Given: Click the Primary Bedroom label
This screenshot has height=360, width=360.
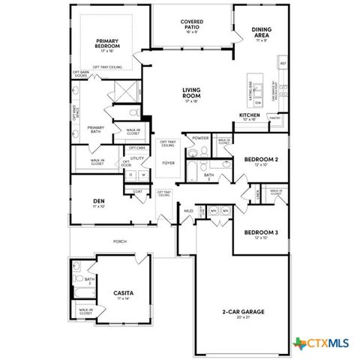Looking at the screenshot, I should [x=108, y=43].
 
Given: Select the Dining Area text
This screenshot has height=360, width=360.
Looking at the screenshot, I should [x=262, y=32].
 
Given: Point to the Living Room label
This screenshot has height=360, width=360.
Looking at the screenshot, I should [x=191, y=92].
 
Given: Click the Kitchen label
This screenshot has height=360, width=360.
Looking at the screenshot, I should [x=249, y=115].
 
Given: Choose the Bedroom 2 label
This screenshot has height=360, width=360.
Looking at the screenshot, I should [x=261, y=159].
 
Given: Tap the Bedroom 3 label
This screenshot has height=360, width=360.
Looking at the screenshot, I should [x=261, y=232].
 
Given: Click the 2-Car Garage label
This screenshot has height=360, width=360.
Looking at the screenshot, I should [x=242, y=310].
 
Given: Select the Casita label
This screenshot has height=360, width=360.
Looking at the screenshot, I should [x=124, y=292].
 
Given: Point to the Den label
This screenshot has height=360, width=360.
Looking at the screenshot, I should [x=98, y=200].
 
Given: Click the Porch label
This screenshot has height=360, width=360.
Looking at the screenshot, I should [x=118, y=241].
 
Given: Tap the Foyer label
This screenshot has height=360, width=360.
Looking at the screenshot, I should [x=169, y=163].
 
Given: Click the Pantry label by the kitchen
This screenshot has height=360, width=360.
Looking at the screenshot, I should [x=275, y=118].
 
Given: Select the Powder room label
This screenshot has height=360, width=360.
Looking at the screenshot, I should [x=200, y=138].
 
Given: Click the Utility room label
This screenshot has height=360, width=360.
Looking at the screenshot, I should [x=137, y=158].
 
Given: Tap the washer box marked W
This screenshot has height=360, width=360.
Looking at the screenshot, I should [x=142, y=175].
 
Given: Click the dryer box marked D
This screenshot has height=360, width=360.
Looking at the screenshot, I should [x=130, y=175].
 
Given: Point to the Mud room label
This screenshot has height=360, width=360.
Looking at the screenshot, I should [x=189, y=211].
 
